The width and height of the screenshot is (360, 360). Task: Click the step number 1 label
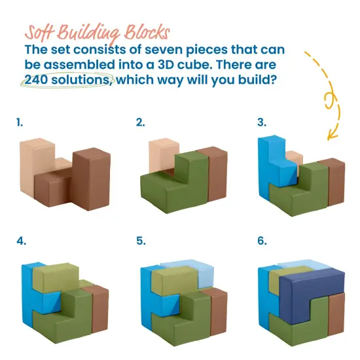pos(20,122)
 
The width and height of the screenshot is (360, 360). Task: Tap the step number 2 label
pos(140,122)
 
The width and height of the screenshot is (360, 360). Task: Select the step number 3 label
pos(262,122)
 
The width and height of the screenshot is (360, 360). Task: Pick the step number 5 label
pos(141,241)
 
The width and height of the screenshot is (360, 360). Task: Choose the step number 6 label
pos(262,241)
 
